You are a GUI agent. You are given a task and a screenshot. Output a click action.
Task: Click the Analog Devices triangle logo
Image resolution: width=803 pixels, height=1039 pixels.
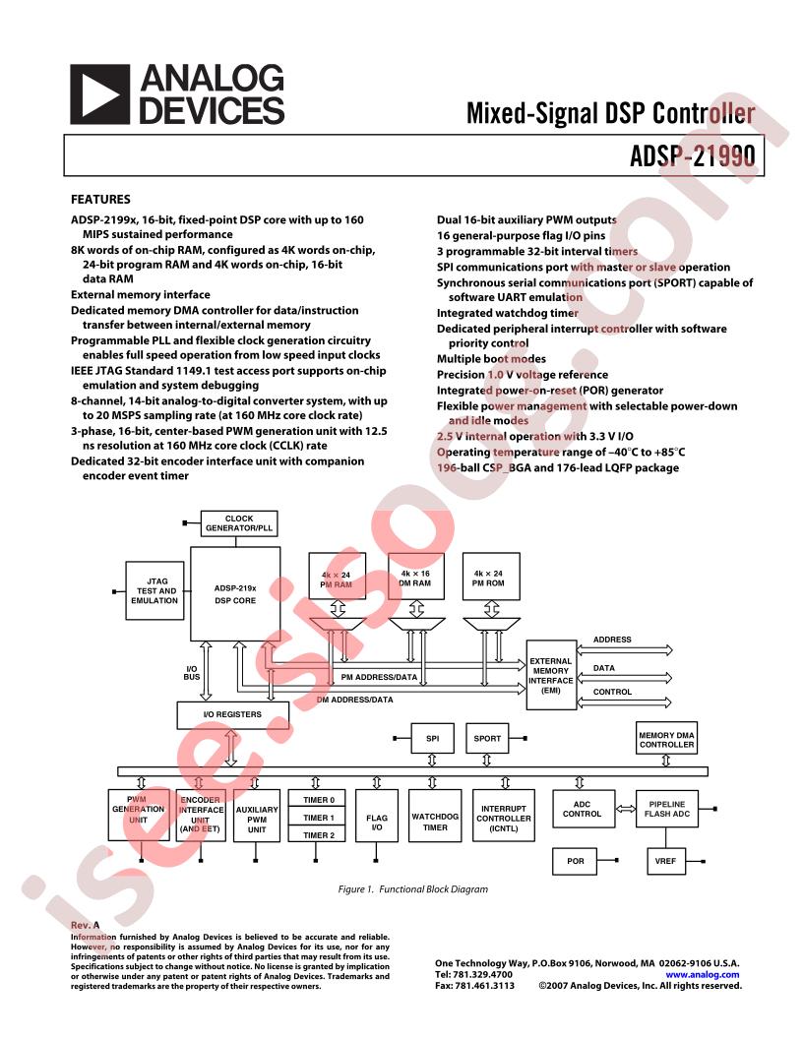(x=99, y=94)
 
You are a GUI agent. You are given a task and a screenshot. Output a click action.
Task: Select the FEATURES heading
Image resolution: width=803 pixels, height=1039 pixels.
(x=100, y=199)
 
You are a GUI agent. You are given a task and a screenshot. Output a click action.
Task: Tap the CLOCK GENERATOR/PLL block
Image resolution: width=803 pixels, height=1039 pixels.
(x=239, y=523)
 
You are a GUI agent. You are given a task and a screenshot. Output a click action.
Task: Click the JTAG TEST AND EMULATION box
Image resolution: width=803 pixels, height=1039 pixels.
(x=154, y=590)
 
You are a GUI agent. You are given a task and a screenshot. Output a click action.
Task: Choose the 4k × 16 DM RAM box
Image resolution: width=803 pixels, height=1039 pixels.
(x=414, y=578)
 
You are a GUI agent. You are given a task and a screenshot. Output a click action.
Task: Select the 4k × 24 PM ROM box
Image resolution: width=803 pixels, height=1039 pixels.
(x=488, y=578)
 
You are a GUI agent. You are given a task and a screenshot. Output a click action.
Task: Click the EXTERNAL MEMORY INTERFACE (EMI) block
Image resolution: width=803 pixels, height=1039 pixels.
(x=551, y=676)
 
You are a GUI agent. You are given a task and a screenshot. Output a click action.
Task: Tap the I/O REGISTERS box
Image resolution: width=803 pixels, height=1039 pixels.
(x=232, y=714)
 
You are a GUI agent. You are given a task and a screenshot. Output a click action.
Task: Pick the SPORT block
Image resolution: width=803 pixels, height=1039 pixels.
(x=487, y=738)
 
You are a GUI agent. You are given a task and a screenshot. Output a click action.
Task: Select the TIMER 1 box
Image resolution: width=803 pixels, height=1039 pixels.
(x=318, y=818)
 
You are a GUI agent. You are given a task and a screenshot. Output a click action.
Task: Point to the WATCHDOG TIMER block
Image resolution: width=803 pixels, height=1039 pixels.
(x=435, y=822)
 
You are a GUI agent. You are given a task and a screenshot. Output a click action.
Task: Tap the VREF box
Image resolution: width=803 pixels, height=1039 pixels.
(x=666, y=861)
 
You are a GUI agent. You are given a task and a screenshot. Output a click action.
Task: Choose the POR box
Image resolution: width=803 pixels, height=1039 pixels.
(x=575, y=861)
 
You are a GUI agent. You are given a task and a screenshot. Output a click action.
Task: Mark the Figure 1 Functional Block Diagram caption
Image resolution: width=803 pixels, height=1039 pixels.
(x=412, y=889)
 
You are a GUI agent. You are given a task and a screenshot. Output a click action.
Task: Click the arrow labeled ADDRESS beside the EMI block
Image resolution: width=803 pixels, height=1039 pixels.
(x=626, y=649)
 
